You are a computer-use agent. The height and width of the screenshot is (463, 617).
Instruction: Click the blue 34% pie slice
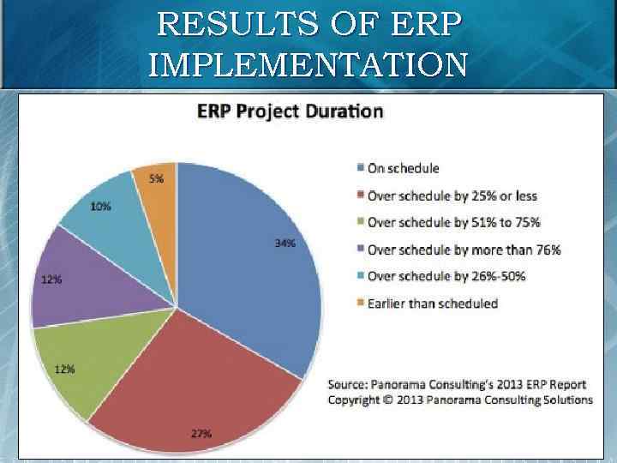point(249,257)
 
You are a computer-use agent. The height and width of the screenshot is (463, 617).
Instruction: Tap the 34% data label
point(285,244)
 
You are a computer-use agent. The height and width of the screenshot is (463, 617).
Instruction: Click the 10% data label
point(99,207)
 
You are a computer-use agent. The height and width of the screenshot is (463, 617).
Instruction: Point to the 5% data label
point(157,178)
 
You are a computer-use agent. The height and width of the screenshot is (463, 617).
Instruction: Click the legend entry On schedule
point(403,168)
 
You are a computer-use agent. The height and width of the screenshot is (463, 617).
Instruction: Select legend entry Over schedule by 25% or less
point(452,195)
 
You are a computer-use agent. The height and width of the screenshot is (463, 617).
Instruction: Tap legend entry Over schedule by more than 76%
point(464,250)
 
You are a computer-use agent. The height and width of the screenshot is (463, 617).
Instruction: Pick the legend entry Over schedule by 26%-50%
point(446,276)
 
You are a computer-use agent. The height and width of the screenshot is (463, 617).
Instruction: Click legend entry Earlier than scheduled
point(432,303)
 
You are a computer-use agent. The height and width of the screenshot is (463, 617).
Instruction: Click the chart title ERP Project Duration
point(291,111)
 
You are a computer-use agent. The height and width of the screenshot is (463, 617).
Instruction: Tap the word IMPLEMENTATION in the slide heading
point(308,63)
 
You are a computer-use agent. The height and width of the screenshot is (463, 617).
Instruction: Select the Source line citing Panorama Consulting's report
point(447,383)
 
